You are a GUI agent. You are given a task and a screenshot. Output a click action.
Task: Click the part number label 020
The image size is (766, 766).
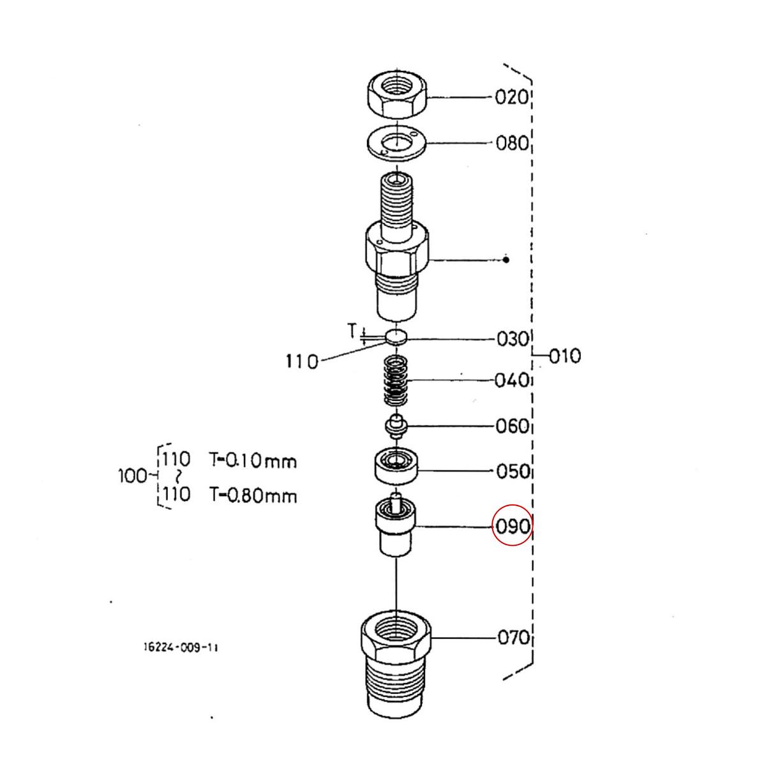512,97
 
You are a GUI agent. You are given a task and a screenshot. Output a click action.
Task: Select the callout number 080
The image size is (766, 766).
513,142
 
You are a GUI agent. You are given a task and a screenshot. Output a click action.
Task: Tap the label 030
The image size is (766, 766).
513,339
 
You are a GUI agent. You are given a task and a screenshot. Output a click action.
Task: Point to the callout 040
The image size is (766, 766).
512,380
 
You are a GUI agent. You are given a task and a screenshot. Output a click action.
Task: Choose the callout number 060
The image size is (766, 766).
513,426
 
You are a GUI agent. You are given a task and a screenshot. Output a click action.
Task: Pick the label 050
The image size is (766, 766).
513,472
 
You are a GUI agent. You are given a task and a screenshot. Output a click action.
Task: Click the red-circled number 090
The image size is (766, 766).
513,527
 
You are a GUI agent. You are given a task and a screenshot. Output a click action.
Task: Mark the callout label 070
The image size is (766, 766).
513,637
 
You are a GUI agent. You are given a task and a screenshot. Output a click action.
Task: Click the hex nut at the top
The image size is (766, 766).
397,96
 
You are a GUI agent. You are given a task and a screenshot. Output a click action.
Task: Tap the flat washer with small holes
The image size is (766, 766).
396,144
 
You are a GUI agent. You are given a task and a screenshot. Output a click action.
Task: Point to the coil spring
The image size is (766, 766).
396,381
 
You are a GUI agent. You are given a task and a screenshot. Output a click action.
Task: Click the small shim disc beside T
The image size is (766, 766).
396,336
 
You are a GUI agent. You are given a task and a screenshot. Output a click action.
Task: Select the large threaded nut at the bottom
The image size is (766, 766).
396,664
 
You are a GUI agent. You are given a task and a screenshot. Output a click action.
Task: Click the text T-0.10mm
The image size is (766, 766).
253,460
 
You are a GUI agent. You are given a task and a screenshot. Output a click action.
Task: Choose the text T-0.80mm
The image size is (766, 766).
253,495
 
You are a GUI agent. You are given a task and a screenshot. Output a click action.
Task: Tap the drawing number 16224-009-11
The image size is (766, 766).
180,647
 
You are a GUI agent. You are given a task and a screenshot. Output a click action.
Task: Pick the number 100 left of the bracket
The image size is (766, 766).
132,476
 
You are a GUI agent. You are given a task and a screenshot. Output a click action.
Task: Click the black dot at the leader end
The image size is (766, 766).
506,260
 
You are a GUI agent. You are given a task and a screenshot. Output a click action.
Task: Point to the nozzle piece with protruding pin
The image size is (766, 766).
396,527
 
